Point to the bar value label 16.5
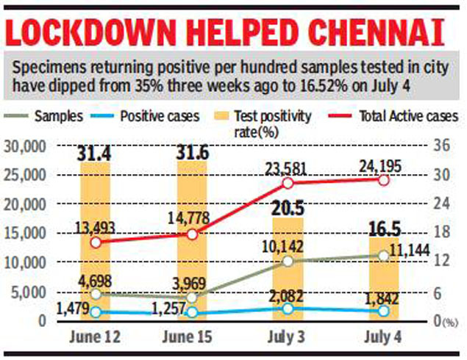click(383, 226)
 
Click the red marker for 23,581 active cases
click(288, 183)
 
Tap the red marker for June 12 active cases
click(96, 242)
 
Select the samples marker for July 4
click(383, 256)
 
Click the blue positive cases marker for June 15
click(192, 312)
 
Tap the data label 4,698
click(96, 279)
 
